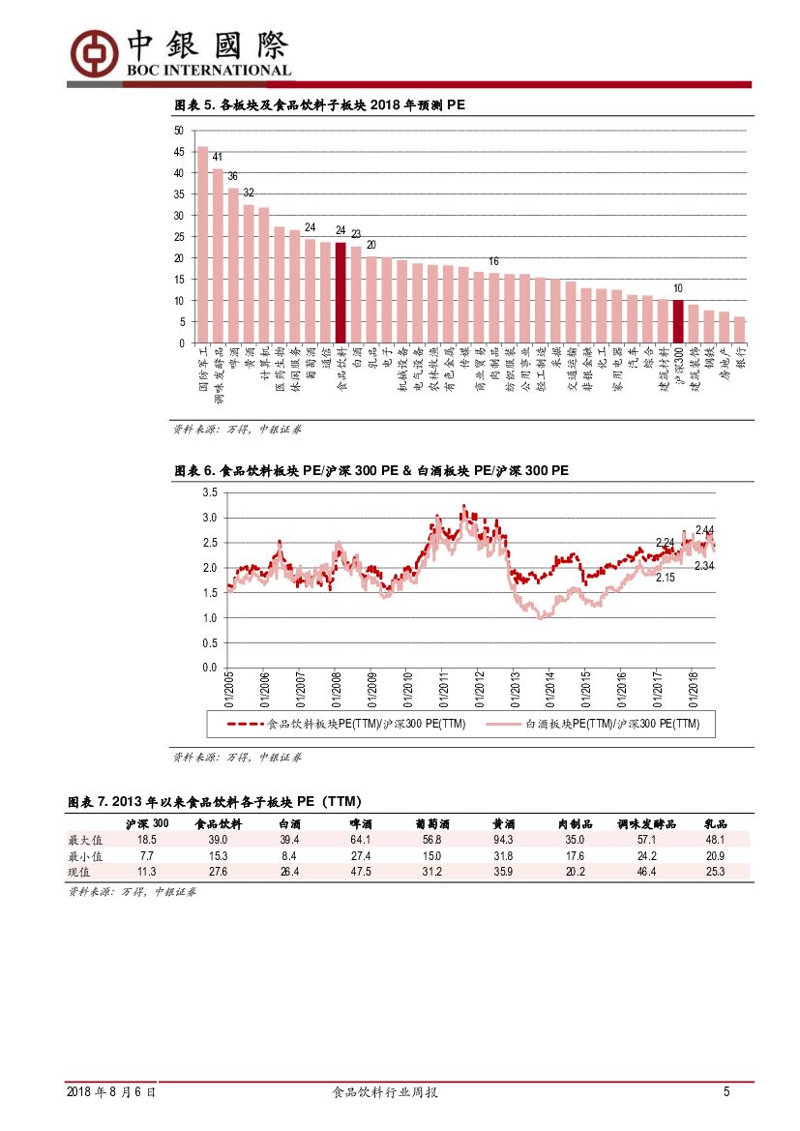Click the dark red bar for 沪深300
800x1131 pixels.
pos(678,321)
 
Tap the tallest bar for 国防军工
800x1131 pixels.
pos(202,245)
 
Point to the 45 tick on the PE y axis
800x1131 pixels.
pos(179,152)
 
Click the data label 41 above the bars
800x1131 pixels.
pos(218,158)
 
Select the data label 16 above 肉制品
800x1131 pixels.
pos(493,261)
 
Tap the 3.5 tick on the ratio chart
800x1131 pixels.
pos(209,492)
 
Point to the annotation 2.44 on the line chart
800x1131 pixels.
pos(704,530)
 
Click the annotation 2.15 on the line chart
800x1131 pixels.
pos(665,578)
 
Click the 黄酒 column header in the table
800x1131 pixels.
pos(503,823)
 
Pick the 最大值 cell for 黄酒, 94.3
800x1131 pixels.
pos(503,840)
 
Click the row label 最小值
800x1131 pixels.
pos(85,856)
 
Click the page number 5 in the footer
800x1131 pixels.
pos(726,1092)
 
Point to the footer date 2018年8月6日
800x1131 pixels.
pos(112,1092)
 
